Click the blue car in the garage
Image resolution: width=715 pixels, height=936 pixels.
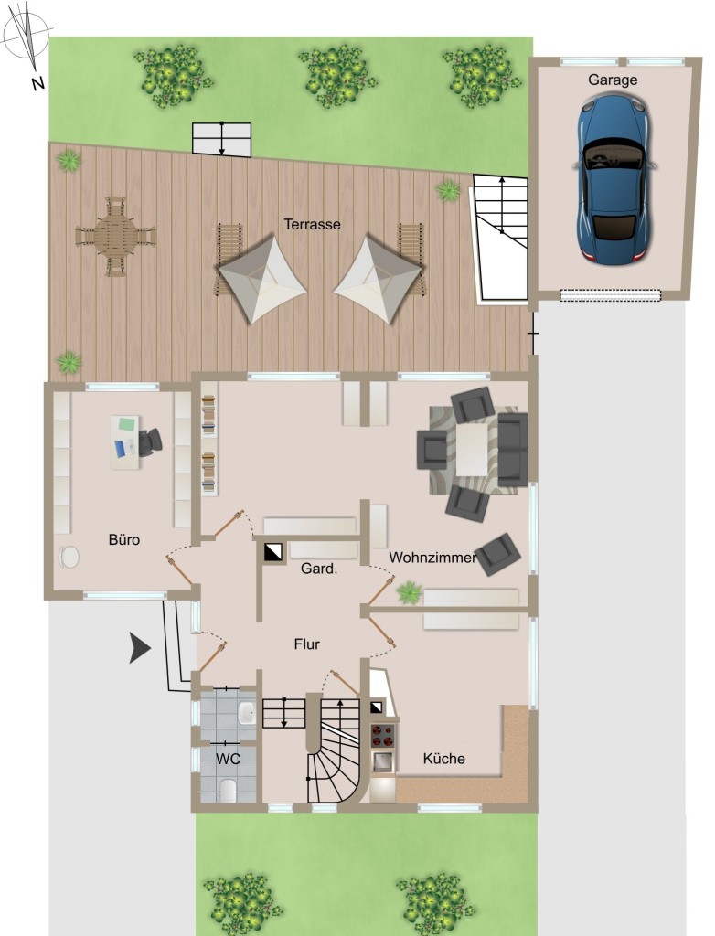tap(614, 178)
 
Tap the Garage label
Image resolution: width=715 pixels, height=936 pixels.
tap(613, 80)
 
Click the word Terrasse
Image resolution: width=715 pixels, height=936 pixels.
tap(312, 225)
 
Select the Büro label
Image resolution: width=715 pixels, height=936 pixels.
tap(124, 539)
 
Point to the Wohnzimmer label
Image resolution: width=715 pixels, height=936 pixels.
tap(432, 558)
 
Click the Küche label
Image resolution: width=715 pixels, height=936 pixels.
tap(443, 758)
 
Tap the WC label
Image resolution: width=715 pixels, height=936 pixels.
tap(229, 759)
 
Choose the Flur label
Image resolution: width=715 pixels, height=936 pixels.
tap(307, 644)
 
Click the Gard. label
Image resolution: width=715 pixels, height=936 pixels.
tap(319, 569)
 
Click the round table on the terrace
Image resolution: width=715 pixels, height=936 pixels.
tap(115, 236)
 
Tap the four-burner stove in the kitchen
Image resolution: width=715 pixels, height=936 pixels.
tap(383, 736)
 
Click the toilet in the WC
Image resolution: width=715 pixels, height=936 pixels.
tap(228, 790)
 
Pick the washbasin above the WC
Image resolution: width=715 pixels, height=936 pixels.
tap(246, 712)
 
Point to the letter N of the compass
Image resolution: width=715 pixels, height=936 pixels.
tap(38, 83)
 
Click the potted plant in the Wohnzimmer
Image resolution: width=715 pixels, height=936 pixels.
tap(410, 592)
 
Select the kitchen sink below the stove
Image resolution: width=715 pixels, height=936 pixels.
tap(382, 761)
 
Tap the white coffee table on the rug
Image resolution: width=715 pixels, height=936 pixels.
tap(472, 449)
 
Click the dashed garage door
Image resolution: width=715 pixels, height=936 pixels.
tap(610, 295)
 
